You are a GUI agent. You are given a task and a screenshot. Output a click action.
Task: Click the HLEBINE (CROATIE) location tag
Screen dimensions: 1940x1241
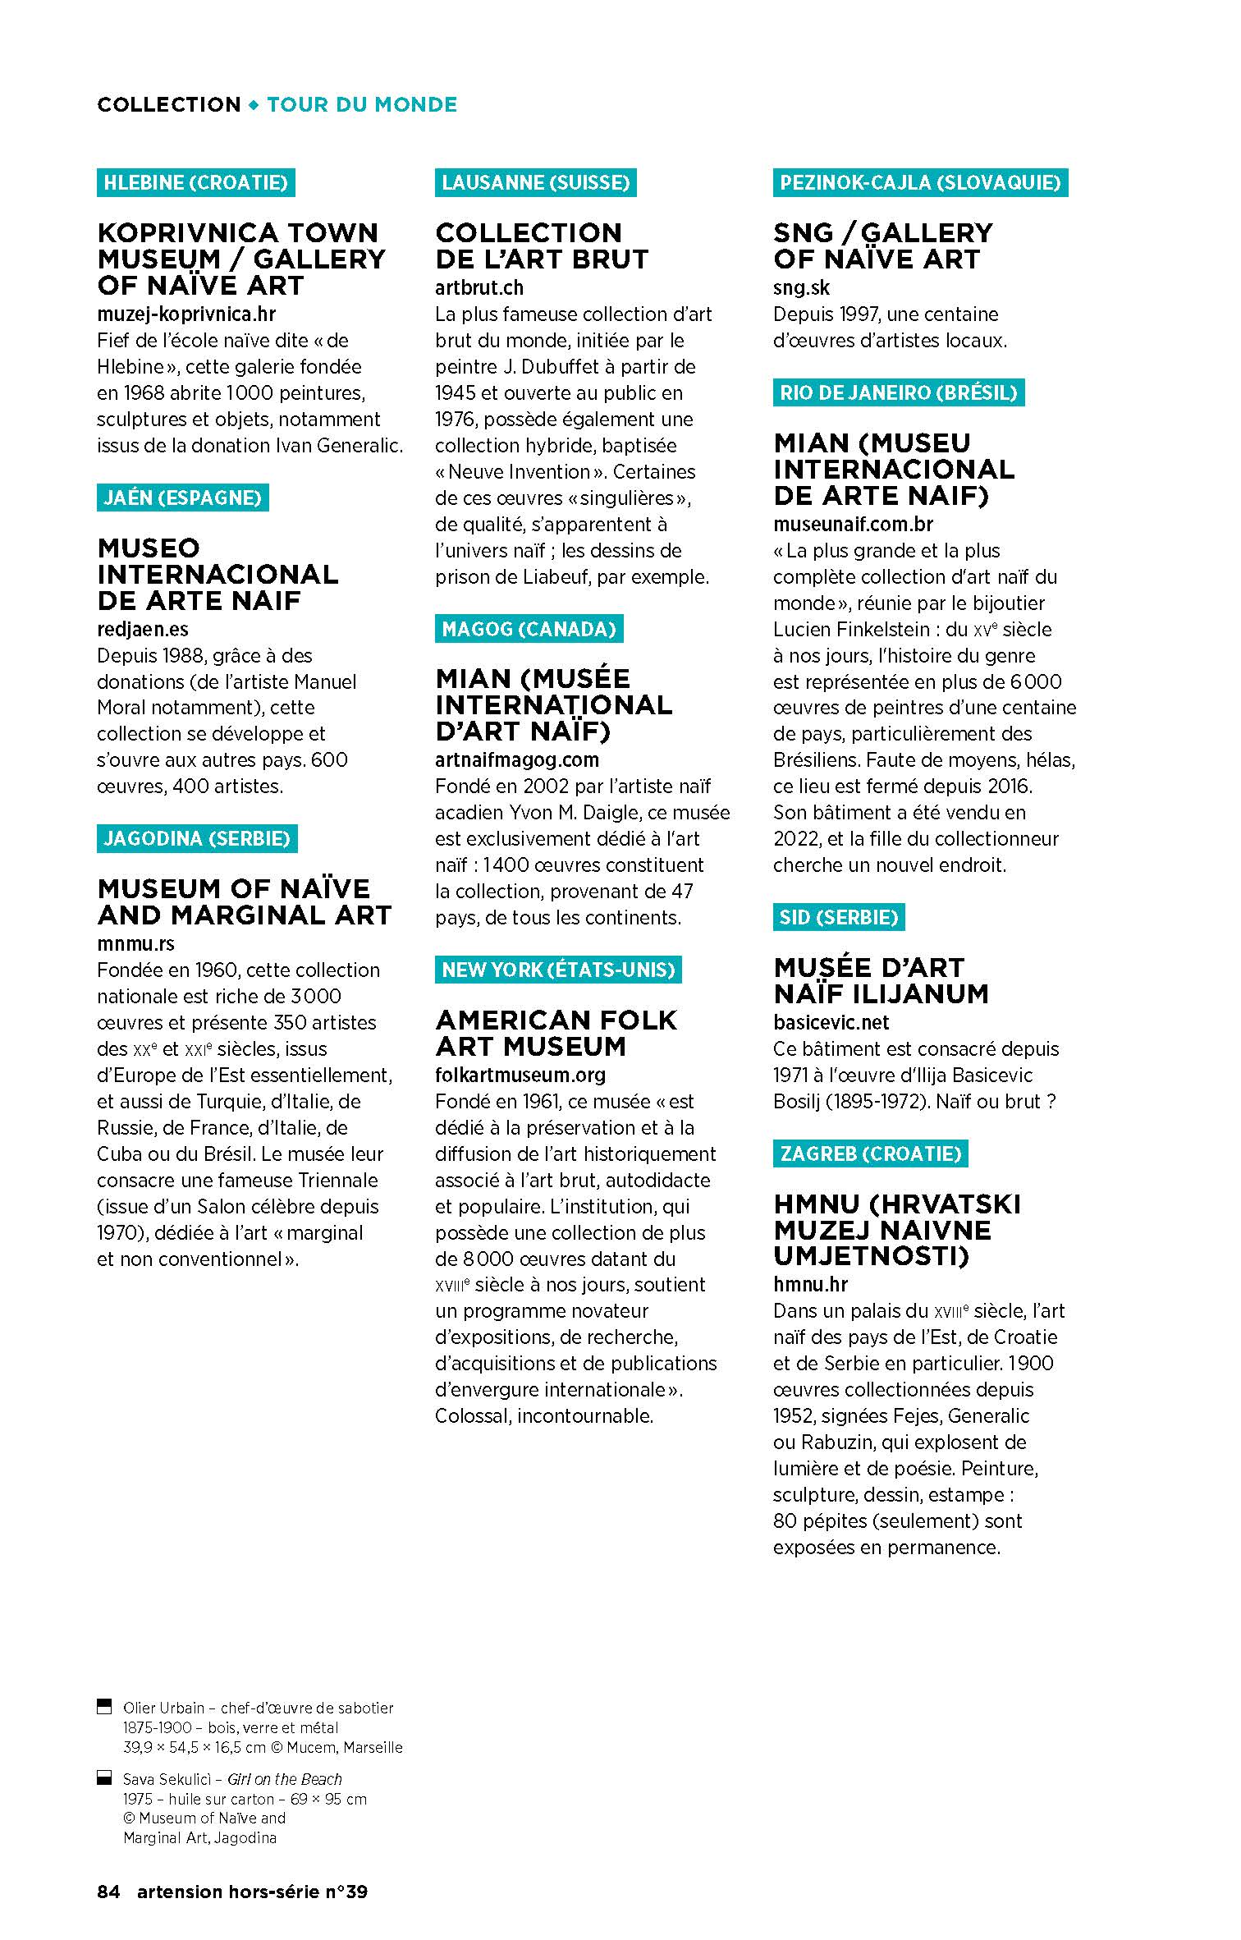[195, 182]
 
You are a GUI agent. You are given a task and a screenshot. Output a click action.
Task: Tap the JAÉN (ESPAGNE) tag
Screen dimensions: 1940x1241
[182, 498]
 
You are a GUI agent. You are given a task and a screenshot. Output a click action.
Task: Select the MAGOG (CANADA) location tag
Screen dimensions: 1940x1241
[529, 630]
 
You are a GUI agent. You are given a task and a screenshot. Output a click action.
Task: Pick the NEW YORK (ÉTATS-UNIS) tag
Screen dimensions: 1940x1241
[558, 970]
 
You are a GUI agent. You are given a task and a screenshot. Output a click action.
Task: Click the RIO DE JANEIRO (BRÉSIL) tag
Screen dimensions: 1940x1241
[898, 392]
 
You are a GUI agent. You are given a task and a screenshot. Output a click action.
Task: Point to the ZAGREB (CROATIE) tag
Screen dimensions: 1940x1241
[870, 1153]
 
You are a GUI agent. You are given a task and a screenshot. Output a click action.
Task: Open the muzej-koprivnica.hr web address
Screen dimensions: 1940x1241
[186, 314]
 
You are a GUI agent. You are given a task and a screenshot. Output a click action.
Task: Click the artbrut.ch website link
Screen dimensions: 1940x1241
[479, 288]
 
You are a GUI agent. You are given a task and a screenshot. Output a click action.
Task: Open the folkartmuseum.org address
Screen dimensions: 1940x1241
[520, 1075]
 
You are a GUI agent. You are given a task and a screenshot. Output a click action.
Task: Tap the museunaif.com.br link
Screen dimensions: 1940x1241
[853, 524]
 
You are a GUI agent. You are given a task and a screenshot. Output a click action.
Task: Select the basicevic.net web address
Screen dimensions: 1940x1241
[831, 1022]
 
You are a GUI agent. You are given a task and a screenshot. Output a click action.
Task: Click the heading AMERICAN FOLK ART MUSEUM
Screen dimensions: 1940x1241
[556, 1033]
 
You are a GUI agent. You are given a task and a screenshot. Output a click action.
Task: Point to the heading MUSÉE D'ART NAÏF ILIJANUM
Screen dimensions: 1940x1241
[880, 980]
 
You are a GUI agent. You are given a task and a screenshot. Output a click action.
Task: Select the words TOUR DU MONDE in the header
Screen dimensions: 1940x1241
[362, 105]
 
